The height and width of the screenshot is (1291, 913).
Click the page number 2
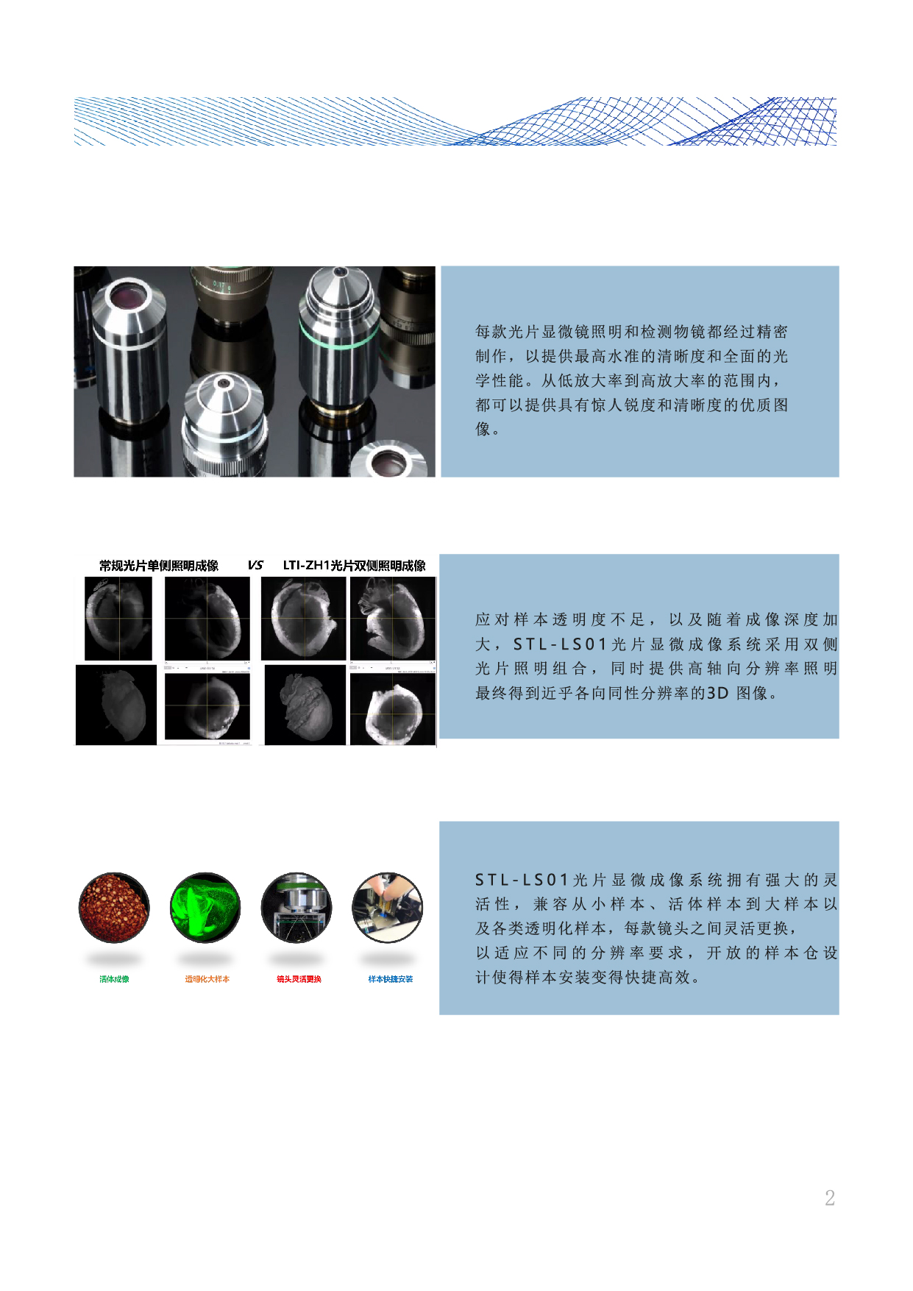pos(829,1198)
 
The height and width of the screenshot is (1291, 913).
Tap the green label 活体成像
pos(114,979)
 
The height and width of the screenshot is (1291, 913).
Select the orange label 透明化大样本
pos(207,979)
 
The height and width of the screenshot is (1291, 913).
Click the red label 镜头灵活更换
pos(299,979)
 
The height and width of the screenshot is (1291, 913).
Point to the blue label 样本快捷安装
pos(390,979)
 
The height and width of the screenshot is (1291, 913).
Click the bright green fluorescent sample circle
pos(205,908)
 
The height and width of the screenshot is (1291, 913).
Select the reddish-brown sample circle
pos(114,908)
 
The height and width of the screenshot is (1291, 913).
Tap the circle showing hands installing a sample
pos(388,908)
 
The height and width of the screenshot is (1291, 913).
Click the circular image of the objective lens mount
pos(296,908)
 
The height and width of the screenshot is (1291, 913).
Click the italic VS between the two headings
pos(255,565)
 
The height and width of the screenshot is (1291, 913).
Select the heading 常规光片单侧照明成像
pos(159,566)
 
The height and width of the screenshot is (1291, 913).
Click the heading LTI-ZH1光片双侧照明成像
pos(354,566)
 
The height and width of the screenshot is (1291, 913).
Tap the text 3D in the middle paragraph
pos(717,693)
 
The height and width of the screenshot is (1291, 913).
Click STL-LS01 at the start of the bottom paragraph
pos(522,880)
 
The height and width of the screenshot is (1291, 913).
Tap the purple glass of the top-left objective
pos(129,296)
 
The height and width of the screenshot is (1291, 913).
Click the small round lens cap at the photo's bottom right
pos(388,461)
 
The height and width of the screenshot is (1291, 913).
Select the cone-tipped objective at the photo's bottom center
pos(223,419)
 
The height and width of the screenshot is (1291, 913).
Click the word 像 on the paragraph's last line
pos(483,429)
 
